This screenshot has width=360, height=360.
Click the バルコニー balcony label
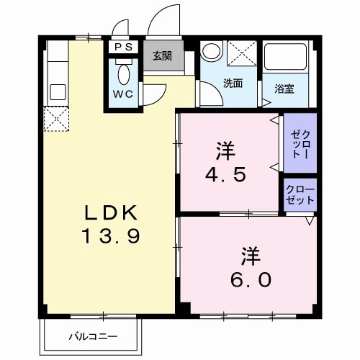[x=94, y=336]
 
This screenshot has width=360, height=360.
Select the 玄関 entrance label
[x=161, y=55]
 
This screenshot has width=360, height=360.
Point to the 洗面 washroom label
[x=232, y=84]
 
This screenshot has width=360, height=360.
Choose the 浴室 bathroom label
[x=284, y=89]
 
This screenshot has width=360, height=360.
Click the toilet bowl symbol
[x=122, y=72]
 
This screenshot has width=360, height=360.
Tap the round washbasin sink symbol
[x=211, y=52]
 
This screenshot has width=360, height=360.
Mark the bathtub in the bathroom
[x=286, y=60]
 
